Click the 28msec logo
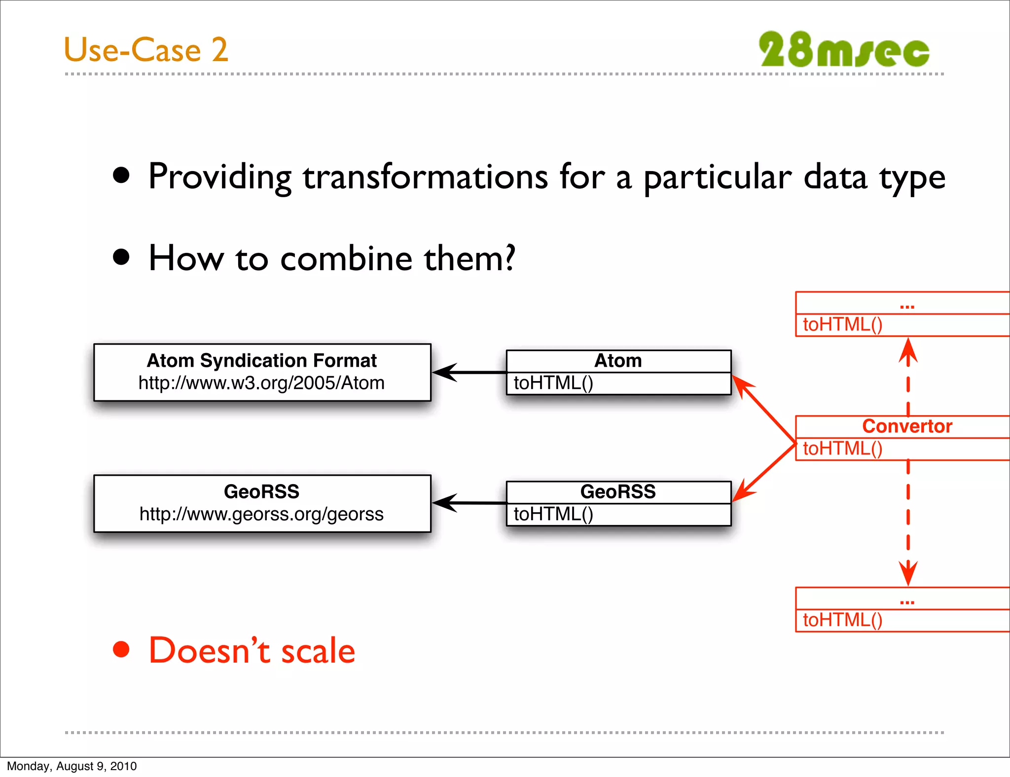(843, 49)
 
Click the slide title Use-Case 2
(146, 50)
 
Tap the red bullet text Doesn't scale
(252, 651)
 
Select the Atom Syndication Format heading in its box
(262, 361)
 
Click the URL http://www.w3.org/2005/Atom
(261, 383)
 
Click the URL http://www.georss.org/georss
(261, 514)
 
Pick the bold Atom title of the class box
(618, 361)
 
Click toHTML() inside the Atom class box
(553, 383)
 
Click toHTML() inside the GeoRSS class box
(553, 514)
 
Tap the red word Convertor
(907, 426)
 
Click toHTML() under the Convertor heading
(842, 449)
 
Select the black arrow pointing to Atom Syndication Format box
(469, 372)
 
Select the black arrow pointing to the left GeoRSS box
(469, 503)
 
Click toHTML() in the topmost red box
(842, 324)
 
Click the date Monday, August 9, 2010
(72, 766)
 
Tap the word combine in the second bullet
(346, 259)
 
